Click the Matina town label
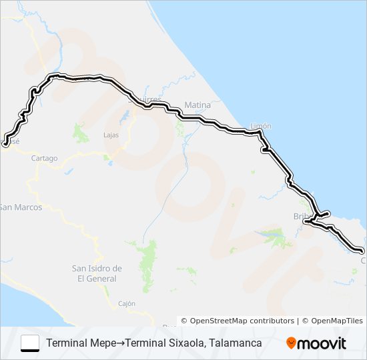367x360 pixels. coord(198,105)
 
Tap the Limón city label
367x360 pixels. coord(260,126)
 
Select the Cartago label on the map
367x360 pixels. coord(45,159)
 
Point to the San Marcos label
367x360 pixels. coord(21,207)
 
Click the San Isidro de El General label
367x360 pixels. coord(97,273)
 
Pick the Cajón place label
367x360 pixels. coord(126,303)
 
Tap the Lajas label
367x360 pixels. coord(111,135)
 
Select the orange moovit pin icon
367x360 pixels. coord(291,343)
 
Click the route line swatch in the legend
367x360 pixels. coord(30,343)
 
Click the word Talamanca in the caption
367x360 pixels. coord(234,343)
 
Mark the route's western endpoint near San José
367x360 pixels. coord(6,143)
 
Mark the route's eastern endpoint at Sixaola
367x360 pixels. coord(362,251)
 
